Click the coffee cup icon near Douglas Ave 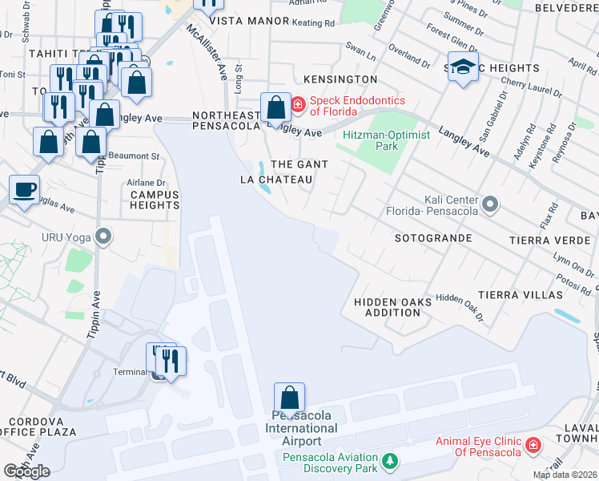[x=23, y=191]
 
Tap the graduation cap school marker [x=462, y=67]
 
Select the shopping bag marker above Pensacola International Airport [x=289, y=398]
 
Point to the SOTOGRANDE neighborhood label [x=433, y=239]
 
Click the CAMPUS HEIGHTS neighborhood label [x=155, y=200]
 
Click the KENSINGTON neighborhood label [x=340, y=80]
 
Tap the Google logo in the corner [x=26, y=471]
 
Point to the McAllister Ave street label [x=207, y=50]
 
